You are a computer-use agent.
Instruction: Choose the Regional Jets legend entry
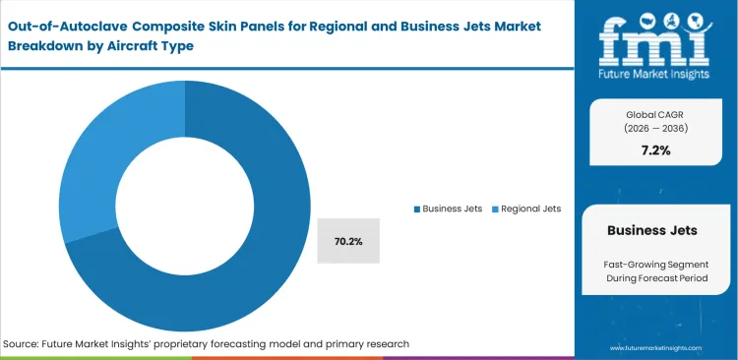(529, 209)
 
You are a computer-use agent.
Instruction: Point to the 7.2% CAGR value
(656, 150)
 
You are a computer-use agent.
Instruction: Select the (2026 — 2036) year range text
(656, 128)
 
